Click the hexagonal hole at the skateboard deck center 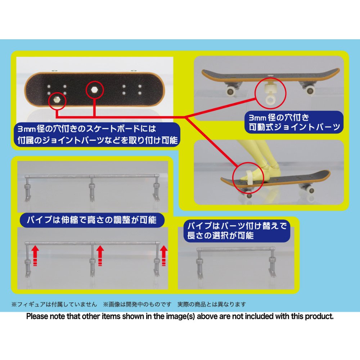94,90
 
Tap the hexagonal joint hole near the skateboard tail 57,100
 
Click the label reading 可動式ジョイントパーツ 294,127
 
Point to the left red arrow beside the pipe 35,256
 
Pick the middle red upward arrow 100,256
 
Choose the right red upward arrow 164,256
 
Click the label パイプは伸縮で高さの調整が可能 91,220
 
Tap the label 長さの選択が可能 220,235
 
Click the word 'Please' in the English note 37,316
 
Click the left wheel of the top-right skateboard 230,91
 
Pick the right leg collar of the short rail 272,260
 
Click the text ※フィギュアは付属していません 54,305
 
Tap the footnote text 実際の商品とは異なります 212,305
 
